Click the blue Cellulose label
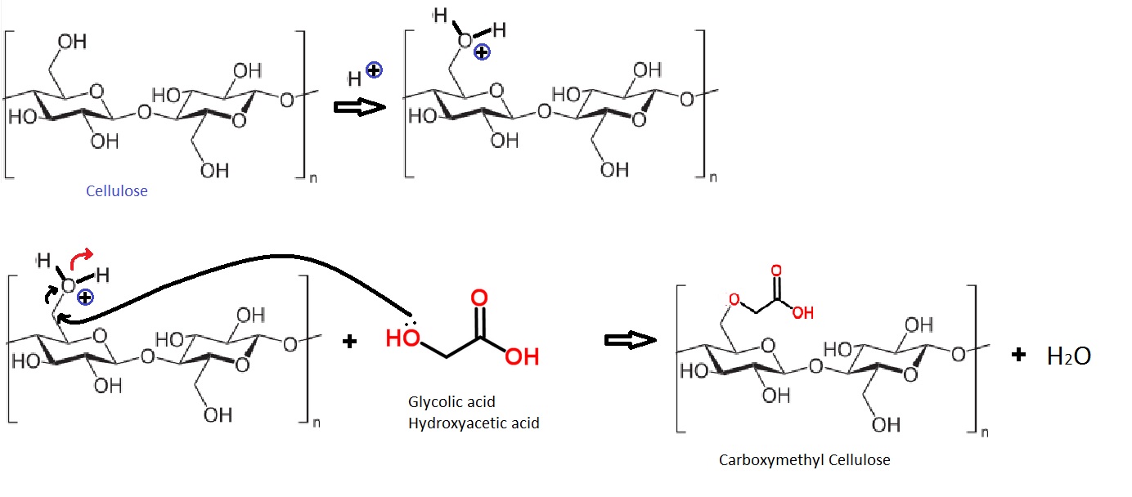click(117, 192)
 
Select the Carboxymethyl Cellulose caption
click(804, 459)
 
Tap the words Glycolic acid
click(451, 402)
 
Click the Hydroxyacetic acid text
click(474, 423)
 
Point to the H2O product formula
click(1069, 356)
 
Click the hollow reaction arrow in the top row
click(360, 107)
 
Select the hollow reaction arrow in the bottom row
click(631, 339)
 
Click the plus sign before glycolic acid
click(350, 341)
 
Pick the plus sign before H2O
click(1019, 354)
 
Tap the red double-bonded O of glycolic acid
click(479, 296)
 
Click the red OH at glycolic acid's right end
click(521, 356)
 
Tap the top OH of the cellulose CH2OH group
click(72, 42)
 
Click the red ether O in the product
click(734, 299)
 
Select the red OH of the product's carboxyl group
click(802, 312)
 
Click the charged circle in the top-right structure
click(482, 51)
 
